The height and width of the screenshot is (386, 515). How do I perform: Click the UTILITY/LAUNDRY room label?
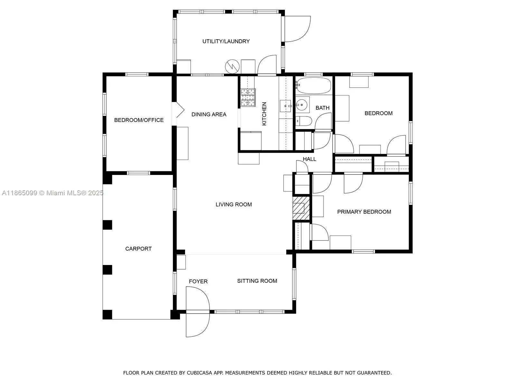pyautogui.click(x=226, y=41)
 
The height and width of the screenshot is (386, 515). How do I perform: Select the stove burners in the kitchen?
pyautogui.click(x=248, y=97)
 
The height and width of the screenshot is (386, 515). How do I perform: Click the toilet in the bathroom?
pyautogui.click(x=304, y=121)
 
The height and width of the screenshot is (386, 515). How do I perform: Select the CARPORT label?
pyautogui.click(x=138, y=249)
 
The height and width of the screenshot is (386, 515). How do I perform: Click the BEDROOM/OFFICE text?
pyautogui.click(x=139, y=120)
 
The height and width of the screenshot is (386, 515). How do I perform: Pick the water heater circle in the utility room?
pyautogui.click(x=232, y=66)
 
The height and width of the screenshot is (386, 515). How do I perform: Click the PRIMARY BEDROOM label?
pyautogui.click(x=364, y=212)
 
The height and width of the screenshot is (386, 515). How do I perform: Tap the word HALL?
pyautogui.click(x=309, y=159)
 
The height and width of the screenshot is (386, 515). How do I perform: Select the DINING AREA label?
pyautogui.click(x=209, y=114)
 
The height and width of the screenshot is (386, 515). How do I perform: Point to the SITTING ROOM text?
pyautogui.click(x=257, y=281)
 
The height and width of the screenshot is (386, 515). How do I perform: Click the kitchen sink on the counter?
pyautogui.click(x=286, y=106)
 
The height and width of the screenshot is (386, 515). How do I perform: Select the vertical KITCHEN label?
pyautogui.click(x=264, y=114)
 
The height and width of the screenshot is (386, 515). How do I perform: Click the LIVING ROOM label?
pyautogui.click(x=234, y=204)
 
